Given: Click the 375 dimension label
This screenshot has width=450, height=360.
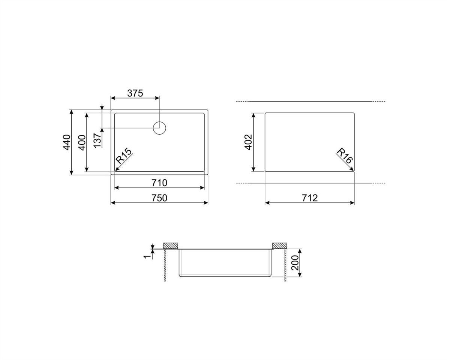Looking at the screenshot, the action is [x=135, y=93].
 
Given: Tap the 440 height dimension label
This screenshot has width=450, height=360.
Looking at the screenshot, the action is [x=67, y=142].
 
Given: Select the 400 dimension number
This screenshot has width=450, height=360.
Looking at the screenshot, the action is [x=82, y=142].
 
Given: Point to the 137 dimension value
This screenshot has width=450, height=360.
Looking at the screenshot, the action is [x=97, y=140].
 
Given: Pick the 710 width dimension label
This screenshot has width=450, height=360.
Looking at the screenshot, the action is [x=159, y=183].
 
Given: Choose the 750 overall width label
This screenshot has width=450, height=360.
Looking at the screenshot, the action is [x=159, y=198].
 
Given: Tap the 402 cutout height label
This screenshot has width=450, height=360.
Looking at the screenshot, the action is [x=248, y=142].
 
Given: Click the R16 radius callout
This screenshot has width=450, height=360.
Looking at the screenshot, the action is [x=345, y=156].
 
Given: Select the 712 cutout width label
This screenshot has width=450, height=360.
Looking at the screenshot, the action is [x=310, y=198].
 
